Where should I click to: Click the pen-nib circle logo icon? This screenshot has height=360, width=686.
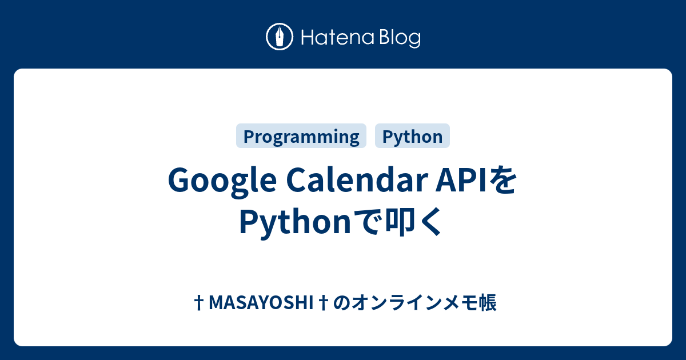coord(280,37)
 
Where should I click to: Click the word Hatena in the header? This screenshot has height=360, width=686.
coord(338,37)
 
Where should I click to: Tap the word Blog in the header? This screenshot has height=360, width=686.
coord(400,38)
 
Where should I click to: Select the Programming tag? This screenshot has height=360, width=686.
coord(301,136)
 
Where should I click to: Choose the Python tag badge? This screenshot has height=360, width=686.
coord(412,136)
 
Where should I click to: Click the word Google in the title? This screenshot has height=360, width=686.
coord(222,181)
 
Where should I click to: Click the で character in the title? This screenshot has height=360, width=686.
coord(367,221)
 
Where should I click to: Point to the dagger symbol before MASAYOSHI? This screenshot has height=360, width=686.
coord(199,302)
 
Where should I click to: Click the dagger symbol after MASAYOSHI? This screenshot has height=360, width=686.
coord(324,302)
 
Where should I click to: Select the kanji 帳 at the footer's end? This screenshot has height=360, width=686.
coord(487,302)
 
